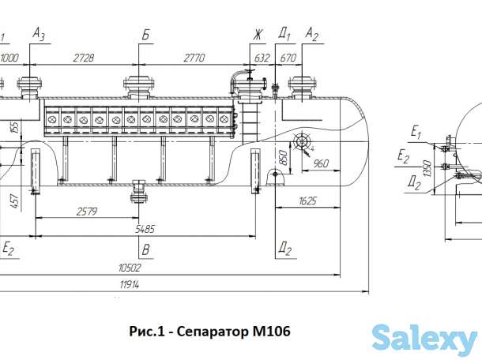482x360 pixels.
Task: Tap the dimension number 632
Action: pyautogui.click(x=262, y=58)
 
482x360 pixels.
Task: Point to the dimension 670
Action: pyautogui.click(x=288, y=58)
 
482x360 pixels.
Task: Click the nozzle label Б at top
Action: pyautogui.click(x=145, y=36)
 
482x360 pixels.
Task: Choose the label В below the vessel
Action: pyautogui.click(x=145, y=250)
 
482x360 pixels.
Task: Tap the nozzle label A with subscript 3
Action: pyautogui.click(x=40, y=35)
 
